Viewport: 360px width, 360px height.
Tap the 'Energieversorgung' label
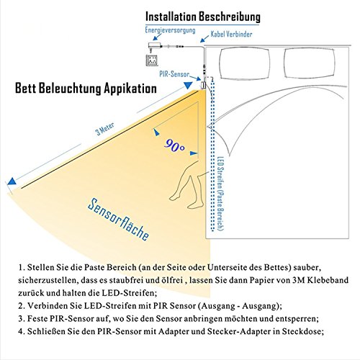point(171,30)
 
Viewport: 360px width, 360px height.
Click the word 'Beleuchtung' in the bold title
point(74,89)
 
